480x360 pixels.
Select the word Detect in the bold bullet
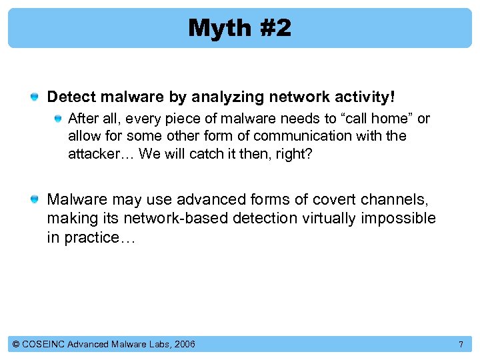71,97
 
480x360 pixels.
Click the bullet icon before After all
59,119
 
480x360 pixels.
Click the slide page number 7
460,344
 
